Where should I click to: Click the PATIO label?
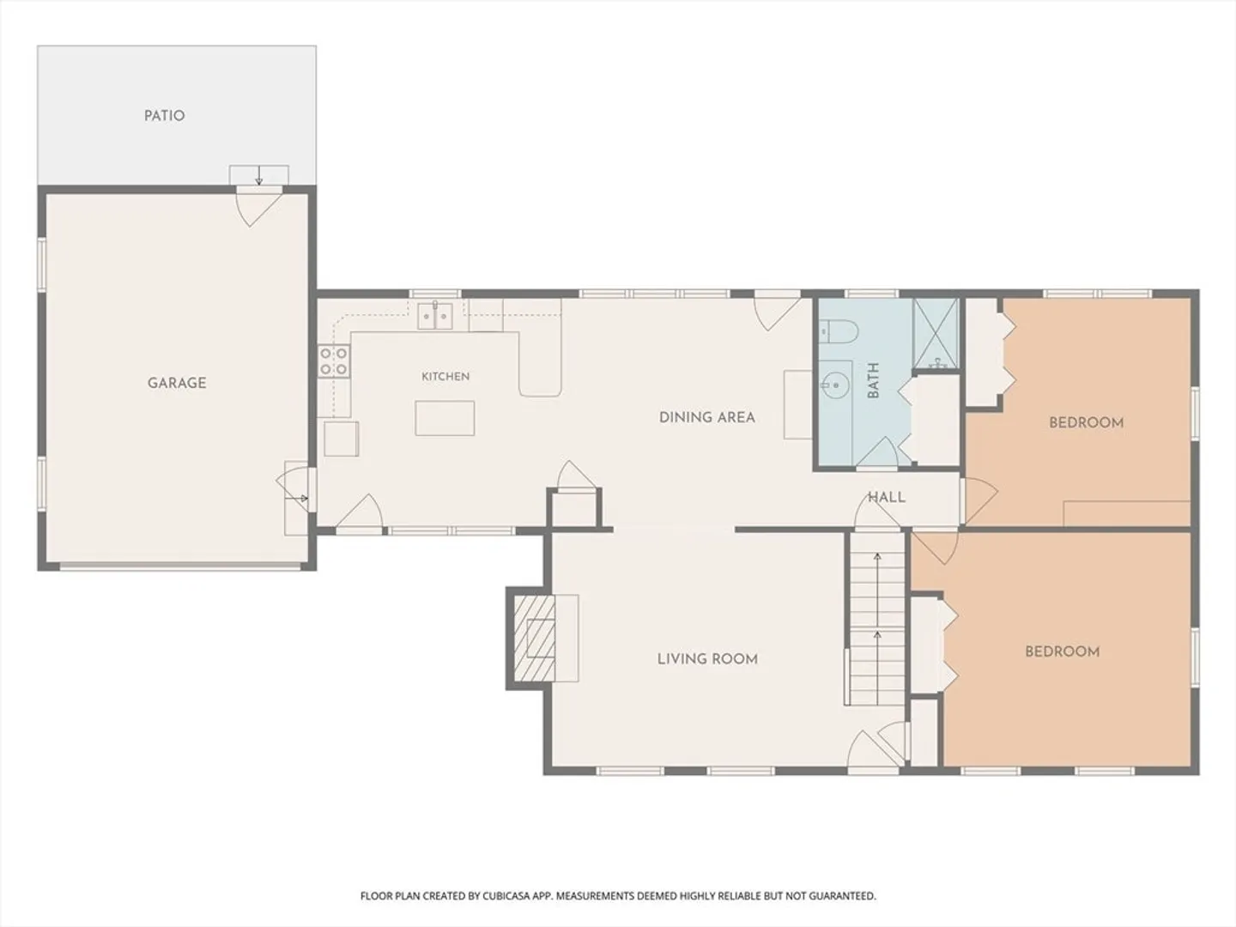(165, 116)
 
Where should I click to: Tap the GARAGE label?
(177, 384)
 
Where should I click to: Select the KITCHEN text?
(445, 377)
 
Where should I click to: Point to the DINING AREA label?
(706, 418)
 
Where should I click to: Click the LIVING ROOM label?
(707, 659)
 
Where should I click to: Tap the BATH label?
(874, 381)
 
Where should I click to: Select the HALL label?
(887, 498)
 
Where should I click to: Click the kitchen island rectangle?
(445, 418)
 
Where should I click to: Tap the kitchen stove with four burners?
(334, 360)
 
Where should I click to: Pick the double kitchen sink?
(434, 315)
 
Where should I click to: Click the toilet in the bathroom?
(838, 331)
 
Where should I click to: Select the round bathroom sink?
(835, 385)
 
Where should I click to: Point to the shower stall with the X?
(936, 334)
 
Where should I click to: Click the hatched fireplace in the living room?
(535, 639)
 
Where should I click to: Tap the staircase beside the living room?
(876, 619)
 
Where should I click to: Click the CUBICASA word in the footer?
(506, 896)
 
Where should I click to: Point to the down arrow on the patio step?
(259, 175)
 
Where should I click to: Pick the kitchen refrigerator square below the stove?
(342, 439)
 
